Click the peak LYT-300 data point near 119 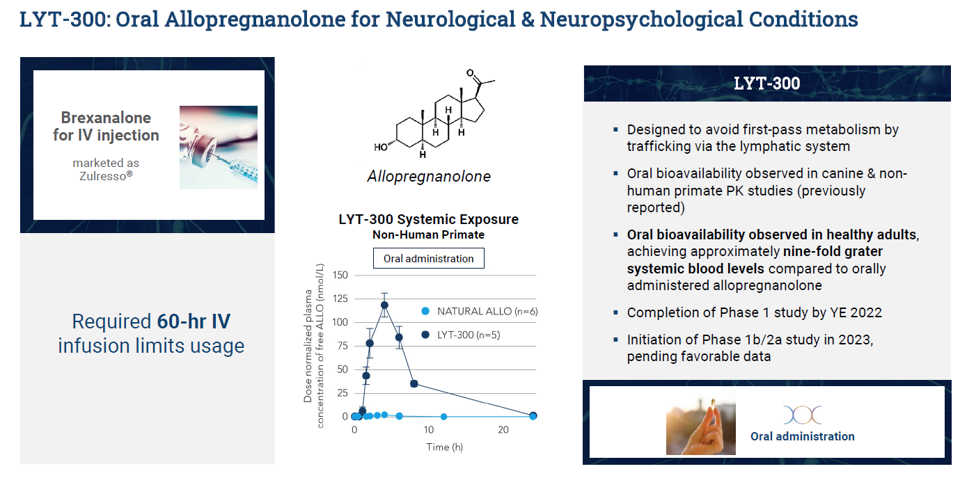point(384,305)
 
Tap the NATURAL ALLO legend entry point(480,312)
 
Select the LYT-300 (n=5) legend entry point(461,335)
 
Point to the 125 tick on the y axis point(340,298)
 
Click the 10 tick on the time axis point(429,429)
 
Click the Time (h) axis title point(444,447)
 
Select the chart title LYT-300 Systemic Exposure point(429,219)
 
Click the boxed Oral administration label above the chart point(429,258)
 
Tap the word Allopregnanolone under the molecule point(429,176)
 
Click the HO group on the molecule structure point(381,148)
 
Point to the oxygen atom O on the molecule point(470,73)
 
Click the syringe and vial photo point(219,148)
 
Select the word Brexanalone point(106,118)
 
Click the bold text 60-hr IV point(194,321)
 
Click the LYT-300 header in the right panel point(766,83)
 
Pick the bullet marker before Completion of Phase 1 point(615,312)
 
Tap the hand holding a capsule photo point(701,422)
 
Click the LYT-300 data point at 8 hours point(414,384)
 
